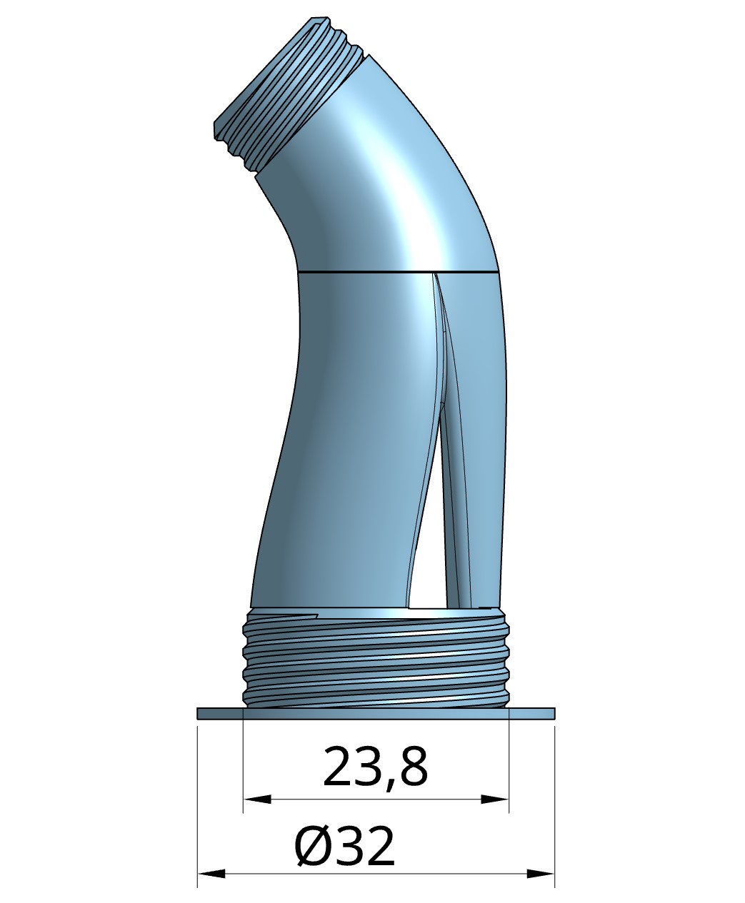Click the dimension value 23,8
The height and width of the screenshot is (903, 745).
click(375, 767)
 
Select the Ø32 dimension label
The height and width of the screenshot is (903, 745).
click(344, 847)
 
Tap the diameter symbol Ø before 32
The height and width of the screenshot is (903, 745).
click(311, 847)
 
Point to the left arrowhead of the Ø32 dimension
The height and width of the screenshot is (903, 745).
click(210, 873)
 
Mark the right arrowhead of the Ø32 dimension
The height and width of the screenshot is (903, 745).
click(541, 873)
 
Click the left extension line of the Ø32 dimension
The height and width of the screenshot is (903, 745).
click(197, 807)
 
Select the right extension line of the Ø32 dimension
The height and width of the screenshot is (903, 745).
click(555, 807)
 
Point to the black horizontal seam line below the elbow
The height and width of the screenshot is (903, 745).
click(396, 272)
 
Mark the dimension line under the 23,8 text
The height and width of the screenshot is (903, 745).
click(375, 799)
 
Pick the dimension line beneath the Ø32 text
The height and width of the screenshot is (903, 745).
click(375, 873)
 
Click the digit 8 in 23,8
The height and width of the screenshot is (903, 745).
click(412, 767)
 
